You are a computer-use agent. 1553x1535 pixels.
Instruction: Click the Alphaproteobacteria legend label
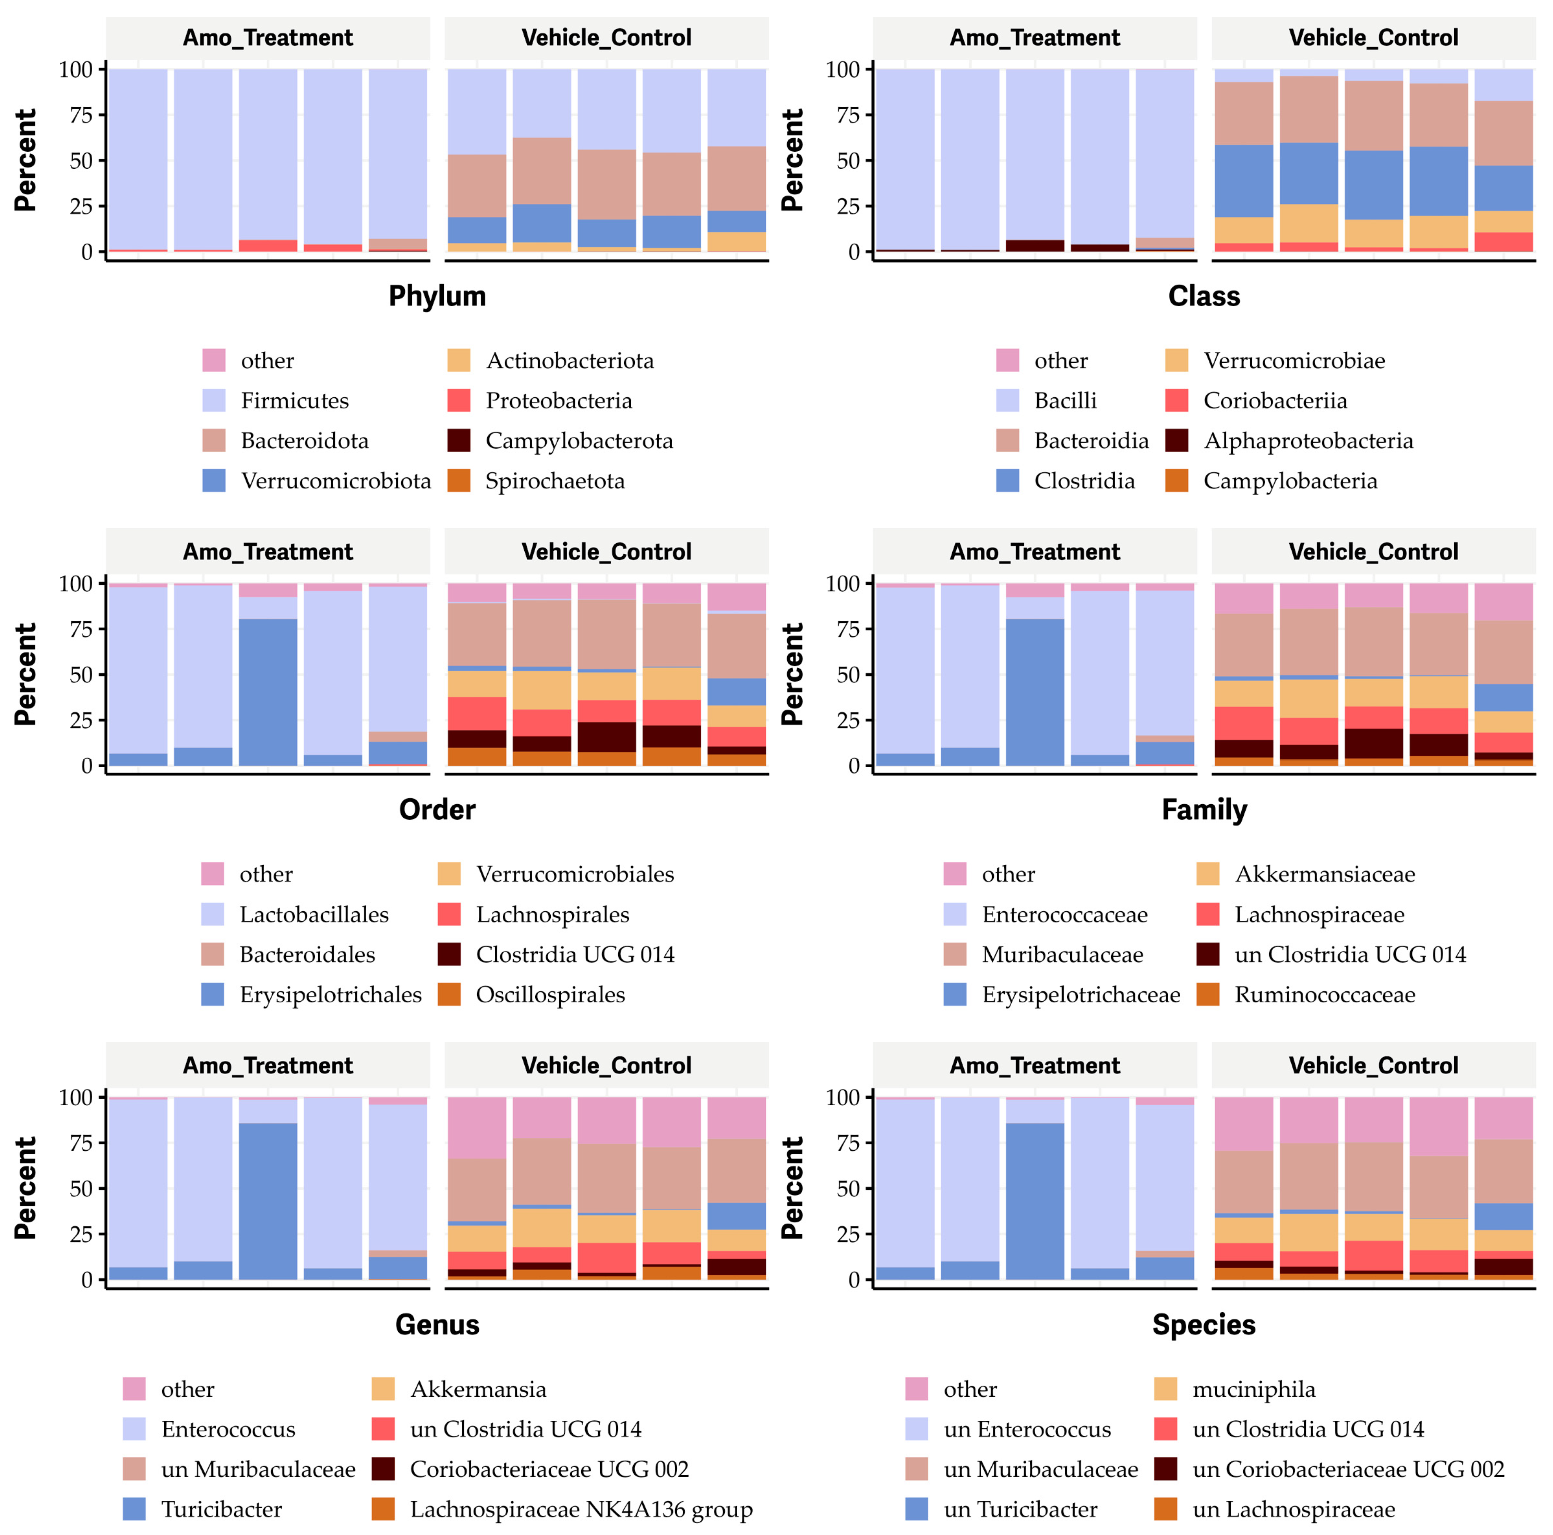click(x=1308, y=441)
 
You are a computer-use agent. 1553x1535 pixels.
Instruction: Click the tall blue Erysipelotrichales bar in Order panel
click(x=268, y=692)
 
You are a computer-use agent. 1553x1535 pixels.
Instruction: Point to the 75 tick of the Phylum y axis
click(x=80, y=115)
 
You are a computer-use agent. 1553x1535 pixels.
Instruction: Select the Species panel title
click(x=1203, y=1324)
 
